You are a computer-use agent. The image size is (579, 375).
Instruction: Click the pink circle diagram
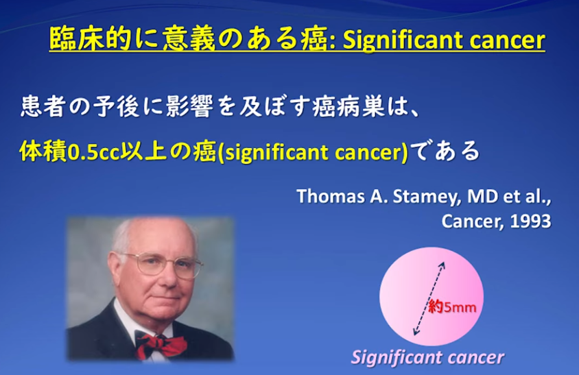coord(432,296)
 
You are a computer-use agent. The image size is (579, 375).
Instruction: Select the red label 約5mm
coord(452,307)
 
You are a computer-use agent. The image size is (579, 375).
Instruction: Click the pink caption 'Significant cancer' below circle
coord(427,357)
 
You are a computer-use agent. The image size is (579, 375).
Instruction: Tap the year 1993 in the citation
coord(530,221)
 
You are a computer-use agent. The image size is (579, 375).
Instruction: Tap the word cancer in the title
coord(503,40)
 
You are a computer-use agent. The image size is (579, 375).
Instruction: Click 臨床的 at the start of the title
coord(91,40)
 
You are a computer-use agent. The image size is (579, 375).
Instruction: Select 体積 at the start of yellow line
coord(43,152)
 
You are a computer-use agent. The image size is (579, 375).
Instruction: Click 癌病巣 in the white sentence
coord(349,107)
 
